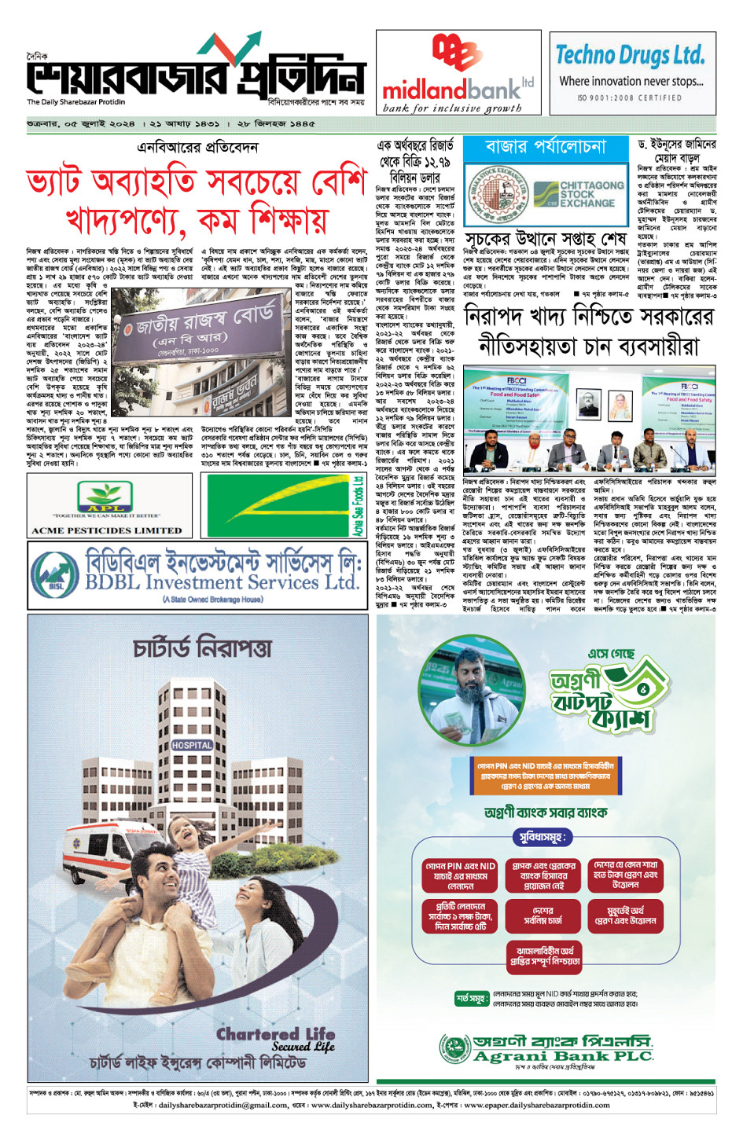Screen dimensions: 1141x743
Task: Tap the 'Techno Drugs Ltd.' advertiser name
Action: click(631, 56)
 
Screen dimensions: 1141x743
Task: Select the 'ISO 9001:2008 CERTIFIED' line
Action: click(630, 98)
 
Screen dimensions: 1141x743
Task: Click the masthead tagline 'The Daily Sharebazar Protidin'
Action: click(76, 102)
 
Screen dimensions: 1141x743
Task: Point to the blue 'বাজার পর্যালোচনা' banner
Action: click(546, 147)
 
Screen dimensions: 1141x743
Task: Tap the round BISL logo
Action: click(56, 572)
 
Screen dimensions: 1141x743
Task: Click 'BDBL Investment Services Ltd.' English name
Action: click(222, 582)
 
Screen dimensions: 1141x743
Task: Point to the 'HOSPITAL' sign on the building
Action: click(191, 745)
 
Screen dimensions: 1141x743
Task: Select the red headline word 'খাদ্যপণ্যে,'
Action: click(126, 219)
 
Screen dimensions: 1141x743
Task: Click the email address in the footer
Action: click(223, 1105)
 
